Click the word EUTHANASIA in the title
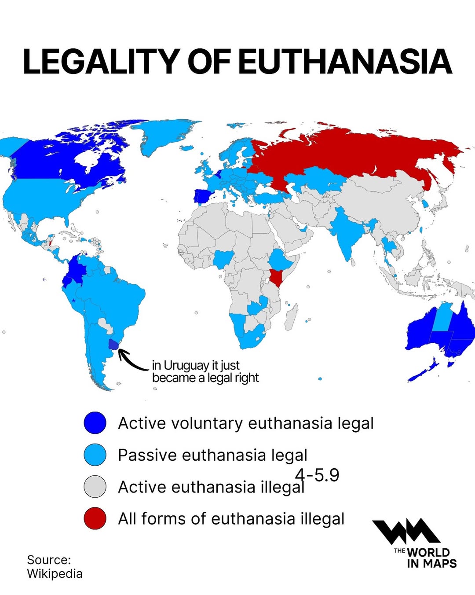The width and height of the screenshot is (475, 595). click(345, 62)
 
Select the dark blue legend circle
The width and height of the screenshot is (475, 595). click(95, 423)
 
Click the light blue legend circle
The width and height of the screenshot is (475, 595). click(95, 455)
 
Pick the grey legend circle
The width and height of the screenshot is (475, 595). click(95, 487)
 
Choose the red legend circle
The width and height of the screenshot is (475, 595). click(95, 518)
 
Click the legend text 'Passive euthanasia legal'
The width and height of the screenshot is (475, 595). click(212, 455)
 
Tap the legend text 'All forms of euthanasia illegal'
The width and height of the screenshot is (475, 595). click(231, 519)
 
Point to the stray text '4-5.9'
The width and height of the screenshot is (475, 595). click(317, 475)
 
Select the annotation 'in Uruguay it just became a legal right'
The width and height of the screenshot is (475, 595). click(205, 371)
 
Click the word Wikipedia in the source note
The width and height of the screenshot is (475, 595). click(55, 574)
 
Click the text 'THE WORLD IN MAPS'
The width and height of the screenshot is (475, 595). click(426, 558)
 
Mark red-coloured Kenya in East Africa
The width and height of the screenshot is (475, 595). click(276, 277)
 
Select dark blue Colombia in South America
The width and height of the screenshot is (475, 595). click(75, 270)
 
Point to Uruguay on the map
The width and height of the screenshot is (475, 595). click(114, 344)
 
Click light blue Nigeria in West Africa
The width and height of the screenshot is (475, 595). click(223, 259)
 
